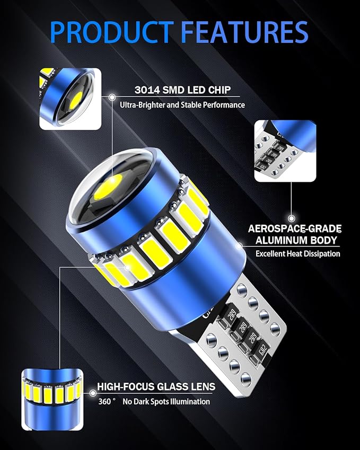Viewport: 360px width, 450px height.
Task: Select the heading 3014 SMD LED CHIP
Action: pyautogui.click(x=174, y=90)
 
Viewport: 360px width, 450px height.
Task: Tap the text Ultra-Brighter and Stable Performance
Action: pyautogui.click(x=182, y=105)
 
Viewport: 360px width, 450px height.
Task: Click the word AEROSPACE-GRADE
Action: pyautogui.click(x=295, y=229)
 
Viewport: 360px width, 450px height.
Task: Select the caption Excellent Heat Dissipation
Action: pyautogui.click(x=298, y=254)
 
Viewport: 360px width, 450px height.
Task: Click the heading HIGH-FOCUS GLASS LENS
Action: pyautogui.click(x=156, y=387)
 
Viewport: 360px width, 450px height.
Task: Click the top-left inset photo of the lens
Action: pyautogui.click(x=70, y=99)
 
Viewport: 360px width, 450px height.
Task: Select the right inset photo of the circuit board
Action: pyautogui.click(x=285, y=151)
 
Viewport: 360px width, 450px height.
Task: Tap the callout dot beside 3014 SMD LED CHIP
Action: pyautogui.click(x=112, y=97)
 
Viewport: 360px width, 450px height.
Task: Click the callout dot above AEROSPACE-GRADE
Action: pyautogui.click(x=291, y=217)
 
